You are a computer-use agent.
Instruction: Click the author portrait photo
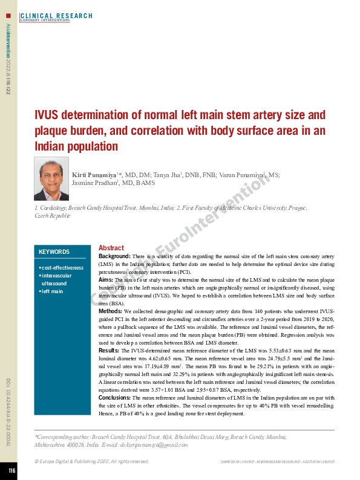[x=51, y=179]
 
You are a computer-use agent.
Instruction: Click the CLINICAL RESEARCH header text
[x=56, y=16]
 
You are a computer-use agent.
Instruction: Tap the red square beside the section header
[x=8, y=15]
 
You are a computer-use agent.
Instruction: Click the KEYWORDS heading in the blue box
[x=54, y=252]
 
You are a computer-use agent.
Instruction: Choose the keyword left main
[x=52, y=291]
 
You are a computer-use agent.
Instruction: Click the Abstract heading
[x=111, y=248]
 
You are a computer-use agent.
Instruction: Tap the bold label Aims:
[x=106, y=281]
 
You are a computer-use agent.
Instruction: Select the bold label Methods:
[x=111, y=311]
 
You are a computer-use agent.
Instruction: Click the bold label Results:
[x=109, y=351]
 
